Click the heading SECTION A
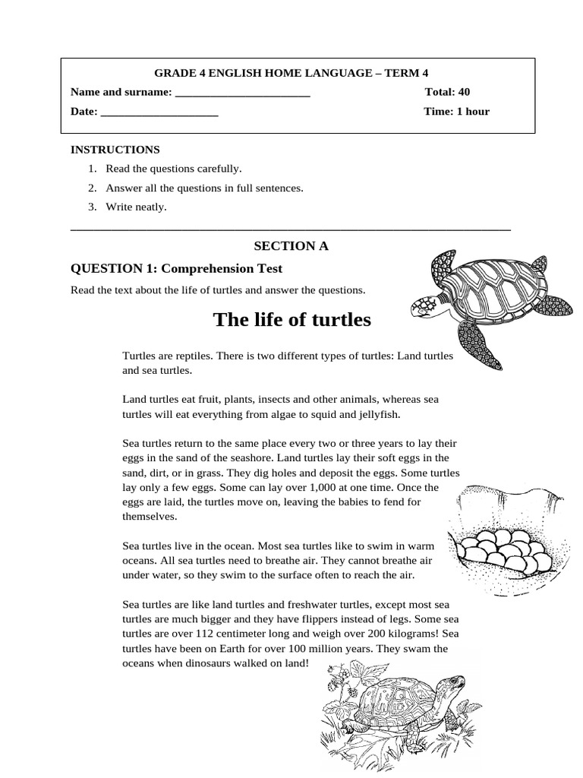(291, 246)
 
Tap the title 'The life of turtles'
(292, 320)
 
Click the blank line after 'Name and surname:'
(242, 93)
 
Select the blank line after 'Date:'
(159, 112)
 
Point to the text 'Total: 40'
(447, 92)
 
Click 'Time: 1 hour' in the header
(456, 112)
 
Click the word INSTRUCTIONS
(115, 150)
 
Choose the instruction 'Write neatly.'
(136, 207)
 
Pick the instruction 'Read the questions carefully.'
(173, 169)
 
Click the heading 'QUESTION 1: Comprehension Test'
(176, 268)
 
